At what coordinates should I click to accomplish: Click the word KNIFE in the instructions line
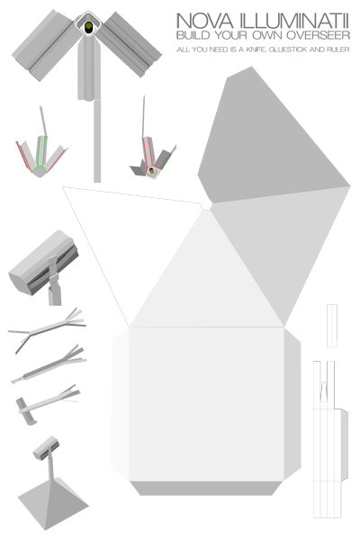point(256,49)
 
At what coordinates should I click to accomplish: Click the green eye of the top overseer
point(88,26)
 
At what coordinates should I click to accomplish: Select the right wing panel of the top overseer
point(131,44)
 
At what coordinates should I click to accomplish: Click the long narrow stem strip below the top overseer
point(97,141)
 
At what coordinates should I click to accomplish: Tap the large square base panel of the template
point(206,403)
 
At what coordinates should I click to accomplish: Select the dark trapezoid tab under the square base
point(206,489)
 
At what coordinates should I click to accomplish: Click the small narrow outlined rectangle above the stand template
point(332,326)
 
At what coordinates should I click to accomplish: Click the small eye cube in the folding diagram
point(151,171)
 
